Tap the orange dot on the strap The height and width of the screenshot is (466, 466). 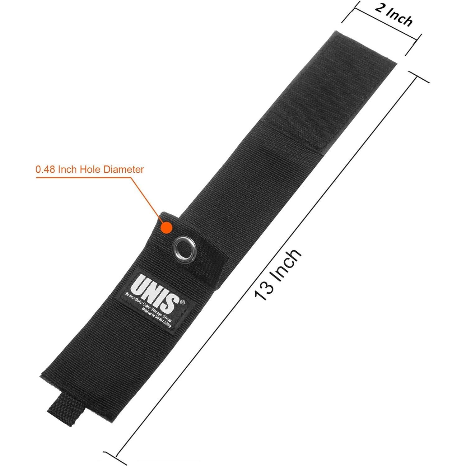tap(166, 227)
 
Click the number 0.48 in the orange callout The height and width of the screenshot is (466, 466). tap(45, 170)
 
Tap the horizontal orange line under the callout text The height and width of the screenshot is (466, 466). tap(84, 178)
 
